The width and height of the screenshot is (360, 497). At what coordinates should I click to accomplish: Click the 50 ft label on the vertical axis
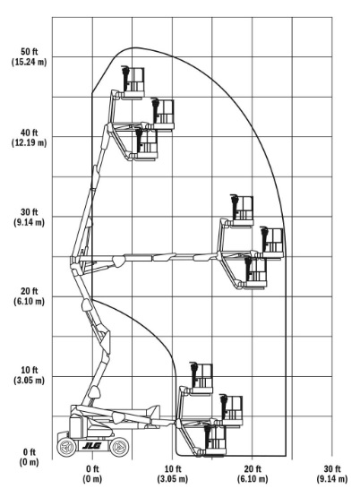(x=30, y=52)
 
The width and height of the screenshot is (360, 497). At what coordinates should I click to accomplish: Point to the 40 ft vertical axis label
(x=30, y=133)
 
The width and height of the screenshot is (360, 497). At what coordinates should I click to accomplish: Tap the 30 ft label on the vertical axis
(x=30, y=212)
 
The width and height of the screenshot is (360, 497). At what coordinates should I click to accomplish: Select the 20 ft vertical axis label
(x=30, y=291)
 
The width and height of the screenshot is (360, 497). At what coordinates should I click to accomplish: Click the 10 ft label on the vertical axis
(x=30, y=370)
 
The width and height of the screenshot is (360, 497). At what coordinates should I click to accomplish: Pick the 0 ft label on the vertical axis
(x=30, y=452)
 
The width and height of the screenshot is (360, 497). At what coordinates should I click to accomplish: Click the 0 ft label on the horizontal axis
(x=92, y=468)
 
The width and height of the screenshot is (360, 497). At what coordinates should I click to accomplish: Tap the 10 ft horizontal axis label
(x=173, y=468)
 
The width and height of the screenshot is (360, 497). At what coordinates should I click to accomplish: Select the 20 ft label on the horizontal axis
(x=253, y=468)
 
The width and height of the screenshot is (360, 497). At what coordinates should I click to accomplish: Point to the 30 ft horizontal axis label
(x=332, y=468)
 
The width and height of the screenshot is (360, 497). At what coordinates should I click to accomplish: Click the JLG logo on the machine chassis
(x=92, y=446)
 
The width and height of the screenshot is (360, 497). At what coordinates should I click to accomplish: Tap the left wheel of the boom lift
(x=67, y=447)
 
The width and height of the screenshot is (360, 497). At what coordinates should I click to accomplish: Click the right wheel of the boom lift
(x=119, y=447)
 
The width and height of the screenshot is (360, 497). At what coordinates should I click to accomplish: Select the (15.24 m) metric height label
(x=30, y=62)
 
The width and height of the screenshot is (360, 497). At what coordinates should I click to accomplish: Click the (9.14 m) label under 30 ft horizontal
(x=332, y=478)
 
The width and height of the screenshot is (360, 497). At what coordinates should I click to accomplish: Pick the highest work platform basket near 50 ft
(x=133, y=82)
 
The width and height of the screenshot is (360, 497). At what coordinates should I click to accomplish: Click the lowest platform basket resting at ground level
(x=215, y=441)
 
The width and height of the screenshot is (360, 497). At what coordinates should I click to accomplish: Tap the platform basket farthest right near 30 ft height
(x=272, y=244)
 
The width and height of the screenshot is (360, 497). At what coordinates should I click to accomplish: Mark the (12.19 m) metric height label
(x=30, y=142)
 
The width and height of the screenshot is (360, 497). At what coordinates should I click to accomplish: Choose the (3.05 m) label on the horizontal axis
(x=173, y=478)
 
